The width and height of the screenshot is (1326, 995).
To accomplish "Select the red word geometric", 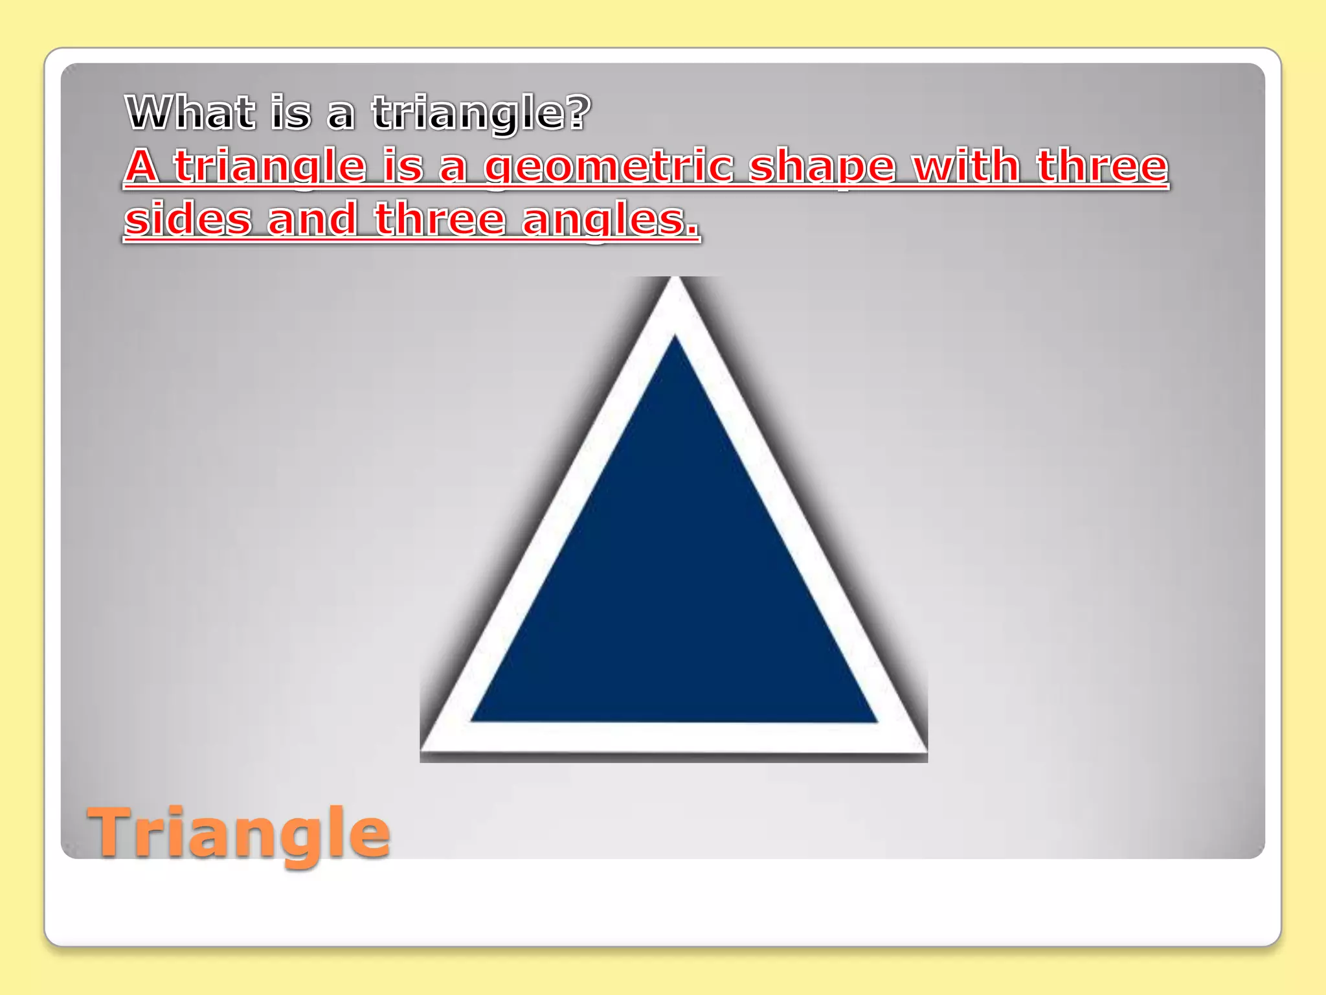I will click(x=609, y=166).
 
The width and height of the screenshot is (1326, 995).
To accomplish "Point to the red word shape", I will click(x=822, y=166).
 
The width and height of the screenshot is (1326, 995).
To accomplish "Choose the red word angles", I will click(x=610, y=220).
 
